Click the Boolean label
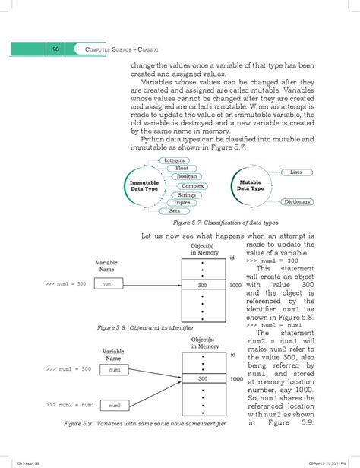pyautogui.click(x=186, y=177)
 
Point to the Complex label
pyautogui.click(x=193, y=186)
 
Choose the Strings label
pyautogui.click(x=186, y=195)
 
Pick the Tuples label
pyautogui.click(x=182, y=203)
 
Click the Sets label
pyautogui.click(x=175, y=211)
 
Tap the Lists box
pyautogui.click(x=296, y=173)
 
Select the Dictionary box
pyautogui.click(x=297, y=202)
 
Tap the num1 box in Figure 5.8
pyautogui.click(x=107, y=284)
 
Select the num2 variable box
pyautogui.click(x=115, y=405)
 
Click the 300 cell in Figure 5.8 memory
pyautogui.click(x=202, y=285)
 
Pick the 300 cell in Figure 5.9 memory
pyautogui.click(x=202, y=378)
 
